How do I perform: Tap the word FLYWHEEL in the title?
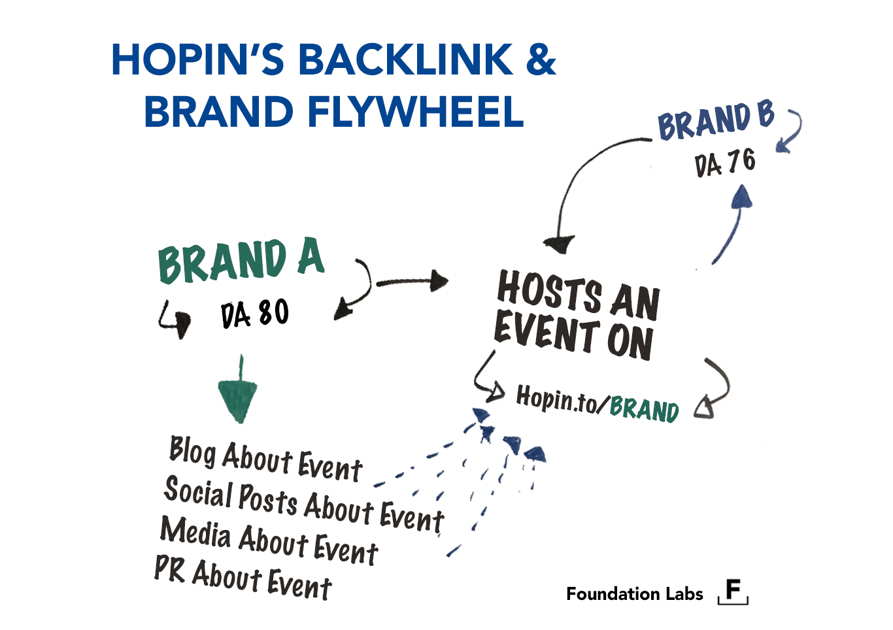pyautogui.click(x=415, y=112)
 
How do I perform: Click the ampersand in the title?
pyautogui.click(x=540, y=60)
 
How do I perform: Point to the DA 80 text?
pyautogui.click(x=254, y=314)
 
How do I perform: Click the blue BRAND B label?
pyautogui.click(x=715, y=122)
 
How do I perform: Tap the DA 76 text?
pyautogui.click(x=725, y=163)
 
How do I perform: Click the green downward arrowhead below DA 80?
pyautogui.click(x=238, y=399)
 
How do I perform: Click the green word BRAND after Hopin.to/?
pyautogui.click(x=644, y=409)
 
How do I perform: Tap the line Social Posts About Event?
pyautogui.click(x=304, y=503)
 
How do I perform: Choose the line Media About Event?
pyautogui.click(x=269, y=540)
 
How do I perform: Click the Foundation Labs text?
pyautogui.click(x=634, y=594)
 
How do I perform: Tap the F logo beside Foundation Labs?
pyautogui.click(x=733, y=591)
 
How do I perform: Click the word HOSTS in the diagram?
pyautogui.click(x=550, y=291)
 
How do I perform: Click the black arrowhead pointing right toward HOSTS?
pyautogui.click(x=439, y=282)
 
